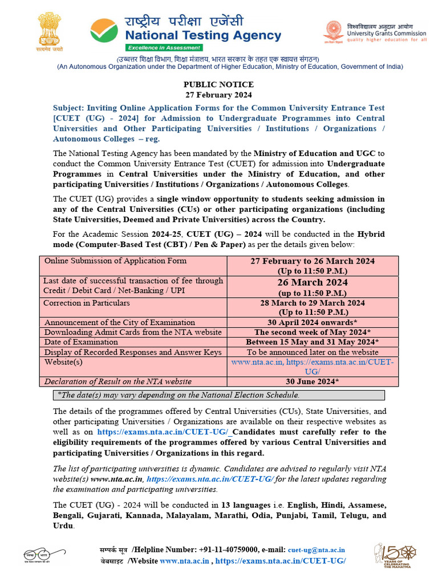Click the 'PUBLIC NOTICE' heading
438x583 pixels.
[x=218, y=85]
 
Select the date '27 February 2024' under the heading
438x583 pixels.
[x=218, y=95]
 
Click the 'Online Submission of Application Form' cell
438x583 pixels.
[x=115, y=261]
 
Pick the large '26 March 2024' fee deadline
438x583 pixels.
[x=313, y=282]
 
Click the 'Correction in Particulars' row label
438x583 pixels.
[x=87, y=303]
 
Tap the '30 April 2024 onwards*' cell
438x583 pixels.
[x=313, y=322]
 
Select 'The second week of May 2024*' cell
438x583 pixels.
[x=313, y=332]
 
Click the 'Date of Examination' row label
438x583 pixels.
[x=81, y=342]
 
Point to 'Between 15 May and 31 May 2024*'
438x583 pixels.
[x=313, y=342]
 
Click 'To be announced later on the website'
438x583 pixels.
[x=313, y=352]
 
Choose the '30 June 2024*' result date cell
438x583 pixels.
[x=313, y=381]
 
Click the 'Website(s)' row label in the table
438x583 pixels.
[x=63, y=362]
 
